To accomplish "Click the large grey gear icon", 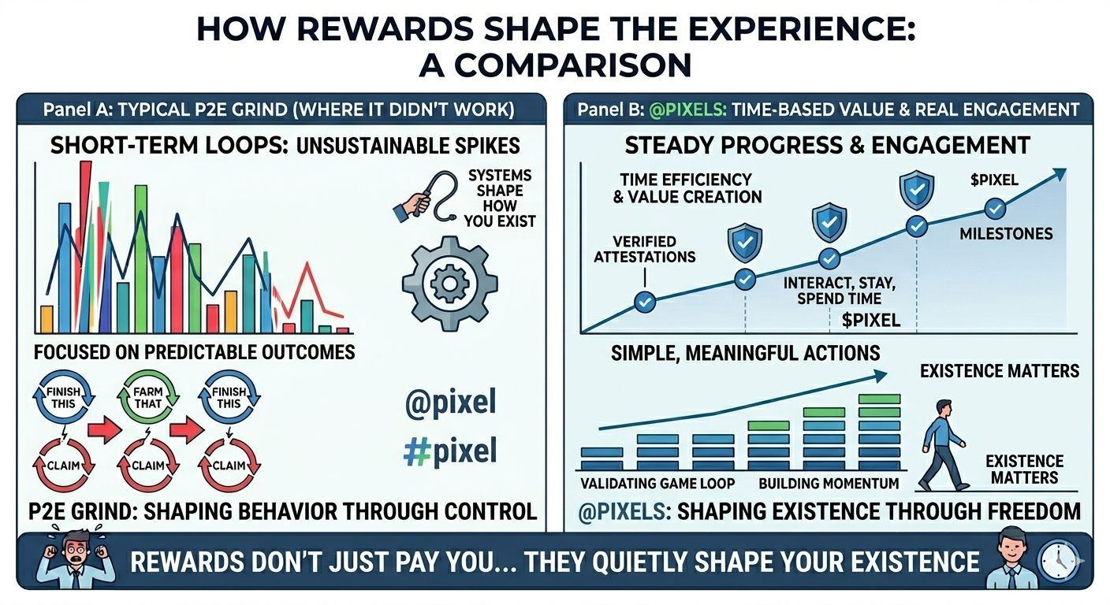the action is coord(449,284).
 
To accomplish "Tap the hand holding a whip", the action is coord(413,206).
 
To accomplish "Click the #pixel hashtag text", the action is coord(450,451).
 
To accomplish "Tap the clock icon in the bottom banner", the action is coord(1059,560).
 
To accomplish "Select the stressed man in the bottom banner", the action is coord(77,559).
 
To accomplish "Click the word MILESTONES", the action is coord(1006,234).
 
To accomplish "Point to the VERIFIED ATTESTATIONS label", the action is coord(644,249).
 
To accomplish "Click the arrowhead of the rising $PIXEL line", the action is coord(1059,174).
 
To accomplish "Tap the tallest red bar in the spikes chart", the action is coord(85,247).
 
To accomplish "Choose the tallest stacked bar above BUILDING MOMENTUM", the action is coord(879,432).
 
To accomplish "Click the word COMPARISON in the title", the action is coord(555,65).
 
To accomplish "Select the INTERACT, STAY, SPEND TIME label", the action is coord(839,291).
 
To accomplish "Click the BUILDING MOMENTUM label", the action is coord(829,483).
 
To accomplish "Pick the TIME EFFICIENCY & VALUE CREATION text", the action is coord(687,188).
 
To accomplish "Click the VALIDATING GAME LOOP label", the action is coord(657,483).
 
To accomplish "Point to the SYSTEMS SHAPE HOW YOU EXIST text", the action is coord(500,198).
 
